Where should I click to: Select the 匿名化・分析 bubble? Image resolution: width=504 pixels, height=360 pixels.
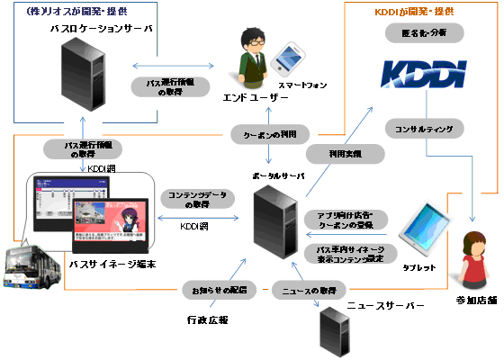click(418, 32)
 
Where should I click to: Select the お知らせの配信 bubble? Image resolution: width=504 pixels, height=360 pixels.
click(219, 289)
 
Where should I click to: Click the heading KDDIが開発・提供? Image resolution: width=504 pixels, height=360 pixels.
click(412, 12)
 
